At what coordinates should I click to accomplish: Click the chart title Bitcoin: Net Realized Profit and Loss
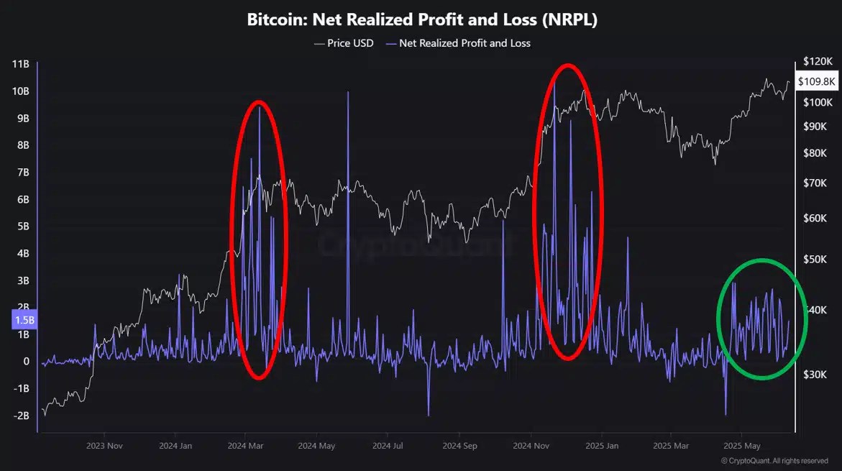pyautogui.click(x=422, y=19)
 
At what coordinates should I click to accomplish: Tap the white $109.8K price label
pyautogui.click(x=816, y=81)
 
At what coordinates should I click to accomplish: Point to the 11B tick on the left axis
pyautogui.click(x=20, y=64)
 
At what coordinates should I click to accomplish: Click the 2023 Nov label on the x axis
pyautogui.click(x=104, y=446)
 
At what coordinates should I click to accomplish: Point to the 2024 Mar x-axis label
pyautogui.click(x=245, y=446)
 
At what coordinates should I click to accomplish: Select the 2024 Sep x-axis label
pyautogui.click(x=461, y=446)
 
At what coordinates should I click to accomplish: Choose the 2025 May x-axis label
pyautogui.click(x=741, y=446)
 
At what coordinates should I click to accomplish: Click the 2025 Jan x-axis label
pyautogui.click(x=602, y=446)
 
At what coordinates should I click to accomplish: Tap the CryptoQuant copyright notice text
pyautogui.click(x=774, y=461)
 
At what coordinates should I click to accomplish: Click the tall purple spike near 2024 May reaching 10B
pyautogui.click(x=348, y=93)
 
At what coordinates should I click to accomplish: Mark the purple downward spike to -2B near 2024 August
pyautogui.click(x=428, y=413)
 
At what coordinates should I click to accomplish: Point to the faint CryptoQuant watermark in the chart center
pyautogui.click(x=417, y=244)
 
